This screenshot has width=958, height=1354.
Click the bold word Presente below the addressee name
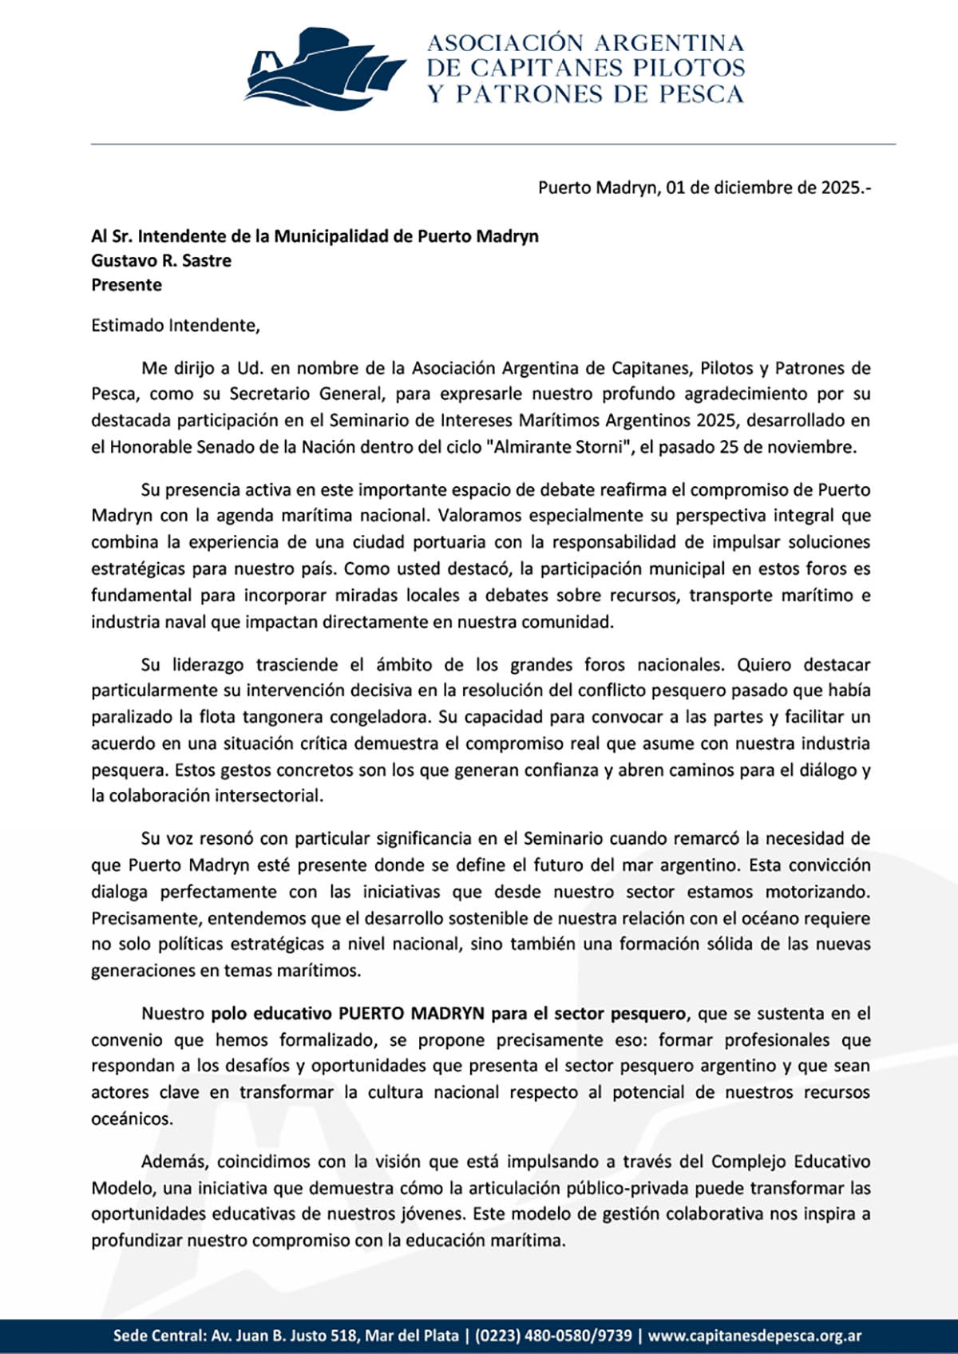point(126,285)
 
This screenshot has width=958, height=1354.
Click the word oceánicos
point(132,1119)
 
